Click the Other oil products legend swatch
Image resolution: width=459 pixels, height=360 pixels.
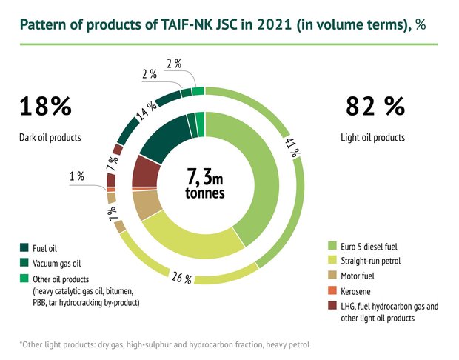pos(24,279)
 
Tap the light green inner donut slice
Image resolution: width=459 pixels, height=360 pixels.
pos(255,178)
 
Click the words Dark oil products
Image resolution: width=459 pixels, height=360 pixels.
pos(50,137)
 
